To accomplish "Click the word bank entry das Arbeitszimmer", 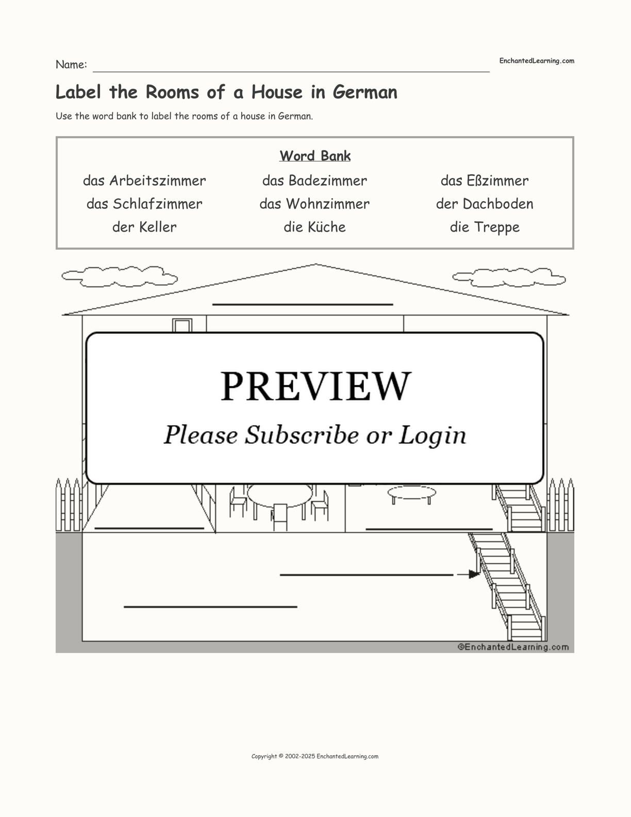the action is click(144, 181).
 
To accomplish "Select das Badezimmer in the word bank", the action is click(314, 181).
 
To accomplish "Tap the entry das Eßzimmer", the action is click(485, 181).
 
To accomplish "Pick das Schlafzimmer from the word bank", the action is click(144, 204).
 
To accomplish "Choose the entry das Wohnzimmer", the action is click(314, 204).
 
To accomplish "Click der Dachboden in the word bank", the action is click(485, 204).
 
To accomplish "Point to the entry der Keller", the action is click(144, 227).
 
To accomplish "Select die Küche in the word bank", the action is click(314, 227).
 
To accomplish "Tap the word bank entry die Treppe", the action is click(485, 227).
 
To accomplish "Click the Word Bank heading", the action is click(315, 156).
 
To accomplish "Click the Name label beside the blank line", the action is click(72, 64).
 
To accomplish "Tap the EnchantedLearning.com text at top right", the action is click(537, 61).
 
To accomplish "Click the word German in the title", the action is click(365, 92).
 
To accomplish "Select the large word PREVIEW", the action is click(315, 386).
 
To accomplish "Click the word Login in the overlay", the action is click(432, 436).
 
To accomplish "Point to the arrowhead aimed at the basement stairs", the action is click(474, 575).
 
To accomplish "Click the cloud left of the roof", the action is click(120, 277).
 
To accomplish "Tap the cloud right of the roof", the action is click(509, 277).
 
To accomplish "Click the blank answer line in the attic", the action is click(303, 304).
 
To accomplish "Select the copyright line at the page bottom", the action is click(315, 757).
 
